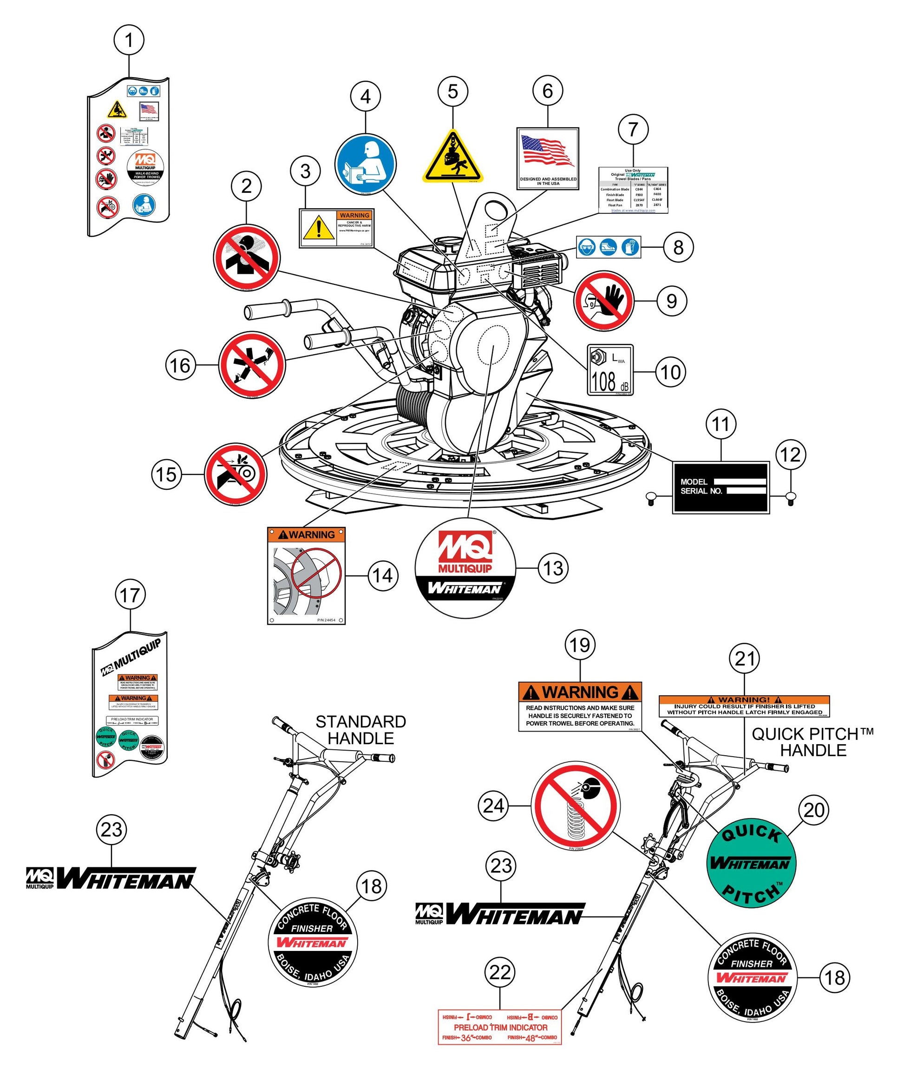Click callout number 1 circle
(x=129, y=40)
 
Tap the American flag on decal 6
(x=547, y=150)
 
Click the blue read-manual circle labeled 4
(x=366, y=165)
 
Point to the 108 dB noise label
(x=610, y=370)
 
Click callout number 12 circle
(x=790, y=454)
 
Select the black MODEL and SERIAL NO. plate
(x=721, y=487)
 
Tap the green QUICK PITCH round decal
(x=751, y=864)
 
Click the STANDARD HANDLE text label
(x=361, y=730)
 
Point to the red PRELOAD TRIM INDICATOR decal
(x=500, y=1027)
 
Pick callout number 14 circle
(x=383, y=575)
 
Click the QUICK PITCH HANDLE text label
(x=813, y=742)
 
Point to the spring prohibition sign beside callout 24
(x=576, y=805)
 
